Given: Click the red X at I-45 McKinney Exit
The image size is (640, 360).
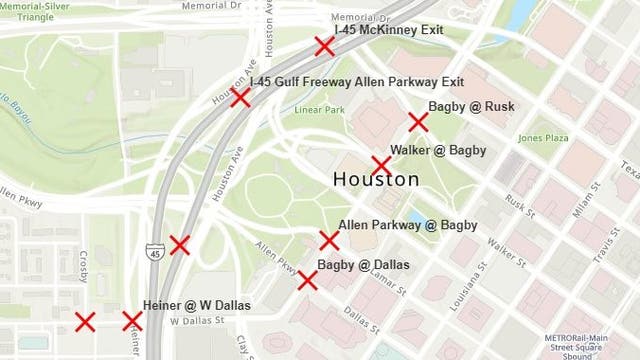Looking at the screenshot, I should (x=324, y=46).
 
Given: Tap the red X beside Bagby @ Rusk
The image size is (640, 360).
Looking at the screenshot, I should (x=418, y=122).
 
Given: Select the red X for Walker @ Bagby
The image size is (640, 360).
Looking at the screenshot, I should (x=381, y=165).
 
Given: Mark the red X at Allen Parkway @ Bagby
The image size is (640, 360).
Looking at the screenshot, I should (x=329, y=240).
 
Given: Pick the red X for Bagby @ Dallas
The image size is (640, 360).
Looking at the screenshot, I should (x=308, y=280).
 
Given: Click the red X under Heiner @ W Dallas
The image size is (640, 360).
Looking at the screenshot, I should (x=132, y=321).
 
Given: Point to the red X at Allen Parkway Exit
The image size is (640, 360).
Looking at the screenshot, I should (x=240, y=97).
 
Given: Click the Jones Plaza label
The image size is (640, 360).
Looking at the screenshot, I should (x=543, y=138).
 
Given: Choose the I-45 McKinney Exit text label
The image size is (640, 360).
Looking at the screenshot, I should (x=389, y=30).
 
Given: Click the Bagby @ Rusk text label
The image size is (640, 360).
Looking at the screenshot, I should (x=471, y=107).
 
